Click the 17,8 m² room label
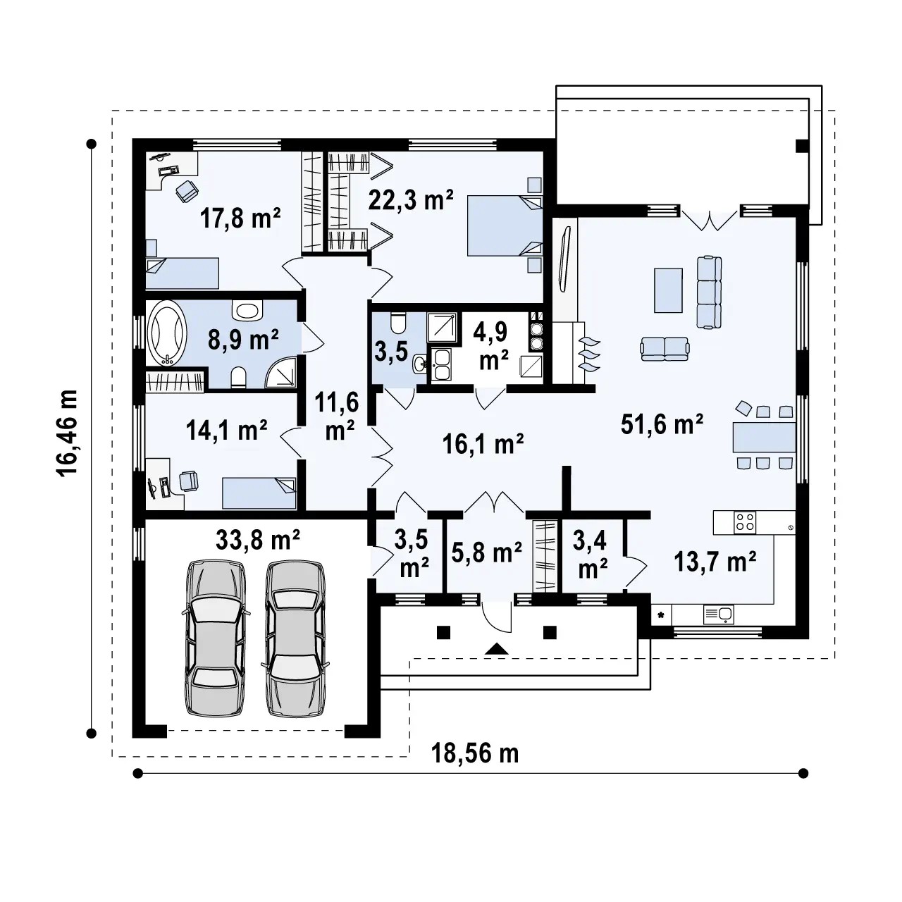pyautogui.click(x=240, y=218)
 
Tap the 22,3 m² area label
pyautogui.click(x=411, y=200)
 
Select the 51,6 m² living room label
pyautogui.click(x=662, y=424)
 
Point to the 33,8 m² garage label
pyautogui.click(x=257, y=540)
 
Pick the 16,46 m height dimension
pyautogui.click(x=68, y=433)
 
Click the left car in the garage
pyautogui.click(x=216, y=638)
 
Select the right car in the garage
pyautogui.click(x=295, y=638)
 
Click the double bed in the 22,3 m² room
pyautogui.click(x=505, y=226)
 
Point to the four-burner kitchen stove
pyautogui.click(x=745, y=522)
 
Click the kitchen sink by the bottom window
pyautogui.click(x=719, y=614)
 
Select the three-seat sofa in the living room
pyautogui.click(x=709, y=292)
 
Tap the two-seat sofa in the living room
pyautogui.click(x=665, y=350)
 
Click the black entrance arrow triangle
pyautogui.click(x=497, y=648)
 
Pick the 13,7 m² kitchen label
pyautogui.click(x=715, y=561)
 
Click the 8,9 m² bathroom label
pyautogui.click(x=243, y=340)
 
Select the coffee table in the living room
pyautogui.click(x=669, y=290)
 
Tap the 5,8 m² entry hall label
pyautogui.click(x=486, y=552)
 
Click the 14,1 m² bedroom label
pyautogui.click(x=226, y=430)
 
